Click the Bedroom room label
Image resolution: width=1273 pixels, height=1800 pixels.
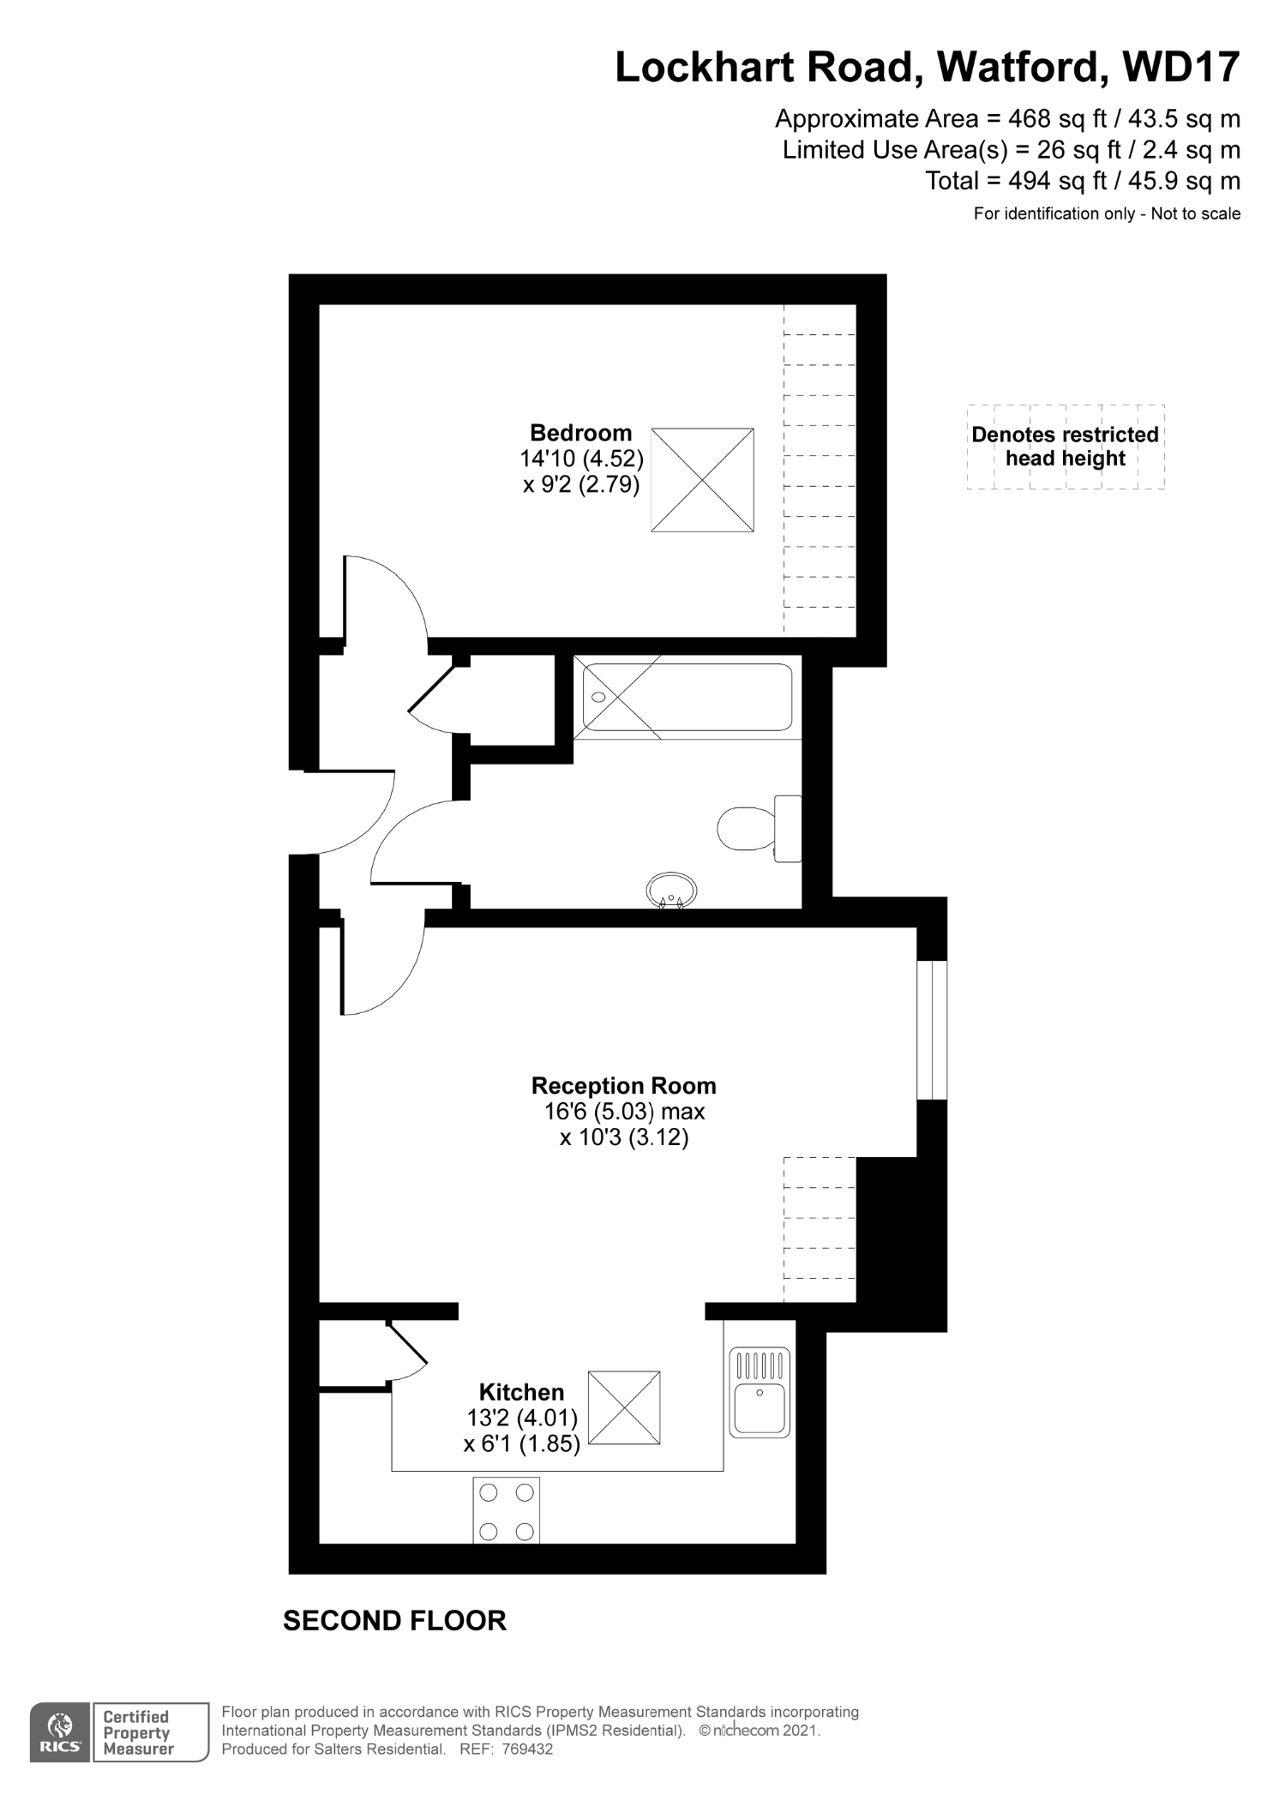(580, 433)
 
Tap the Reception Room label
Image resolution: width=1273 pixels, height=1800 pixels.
(623, 1086)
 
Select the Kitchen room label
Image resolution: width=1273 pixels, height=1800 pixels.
(521, 1392)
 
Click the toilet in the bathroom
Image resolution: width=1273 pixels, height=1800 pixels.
(760, 828)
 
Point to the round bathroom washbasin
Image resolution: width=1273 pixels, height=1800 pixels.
(670, 890)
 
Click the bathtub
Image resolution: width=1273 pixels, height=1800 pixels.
(687, 697)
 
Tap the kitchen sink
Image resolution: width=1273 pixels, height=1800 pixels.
(760, 1393)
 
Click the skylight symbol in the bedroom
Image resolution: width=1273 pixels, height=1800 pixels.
(702, 480)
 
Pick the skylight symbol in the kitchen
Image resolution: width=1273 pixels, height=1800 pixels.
(624, 1408)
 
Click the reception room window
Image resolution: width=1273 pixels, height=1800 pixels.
(932, 1029)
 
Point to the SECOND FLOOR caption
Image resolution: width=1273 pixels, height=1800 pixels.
(394, 1621)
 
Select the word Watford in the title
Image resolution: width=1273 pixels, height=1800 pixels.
(1018, 67)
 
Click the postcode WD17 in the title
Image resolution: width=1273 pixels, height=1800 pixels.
(1180, 67)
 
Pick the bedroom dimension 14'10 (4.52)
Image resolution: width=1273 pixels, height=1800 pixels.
(581, 459)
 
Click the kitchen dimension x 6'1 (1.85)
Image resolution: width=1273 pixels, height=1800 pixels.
(522, 1443)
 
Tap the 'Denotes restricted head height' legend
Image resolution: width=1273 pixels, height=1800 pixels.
(1066, 447)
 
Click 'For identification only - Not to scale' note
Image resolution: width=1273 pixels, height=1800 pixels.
(1107, 213)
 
